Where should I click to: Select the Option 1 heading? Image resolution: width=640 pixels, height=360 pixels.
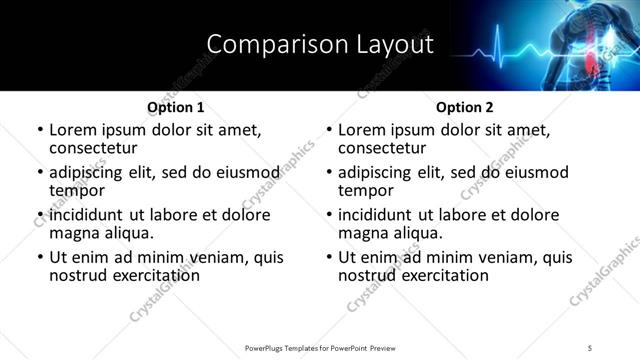coord(176,107)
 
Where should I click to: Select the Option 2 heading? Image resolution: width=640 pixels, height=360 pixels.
coord(465,107)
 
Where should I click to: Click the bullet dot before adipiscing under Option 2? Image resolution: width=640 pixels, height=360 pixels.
coord(329,173)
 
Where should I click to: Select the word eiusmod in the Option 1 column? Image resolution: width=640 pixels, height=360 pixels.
coord(247,172)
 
